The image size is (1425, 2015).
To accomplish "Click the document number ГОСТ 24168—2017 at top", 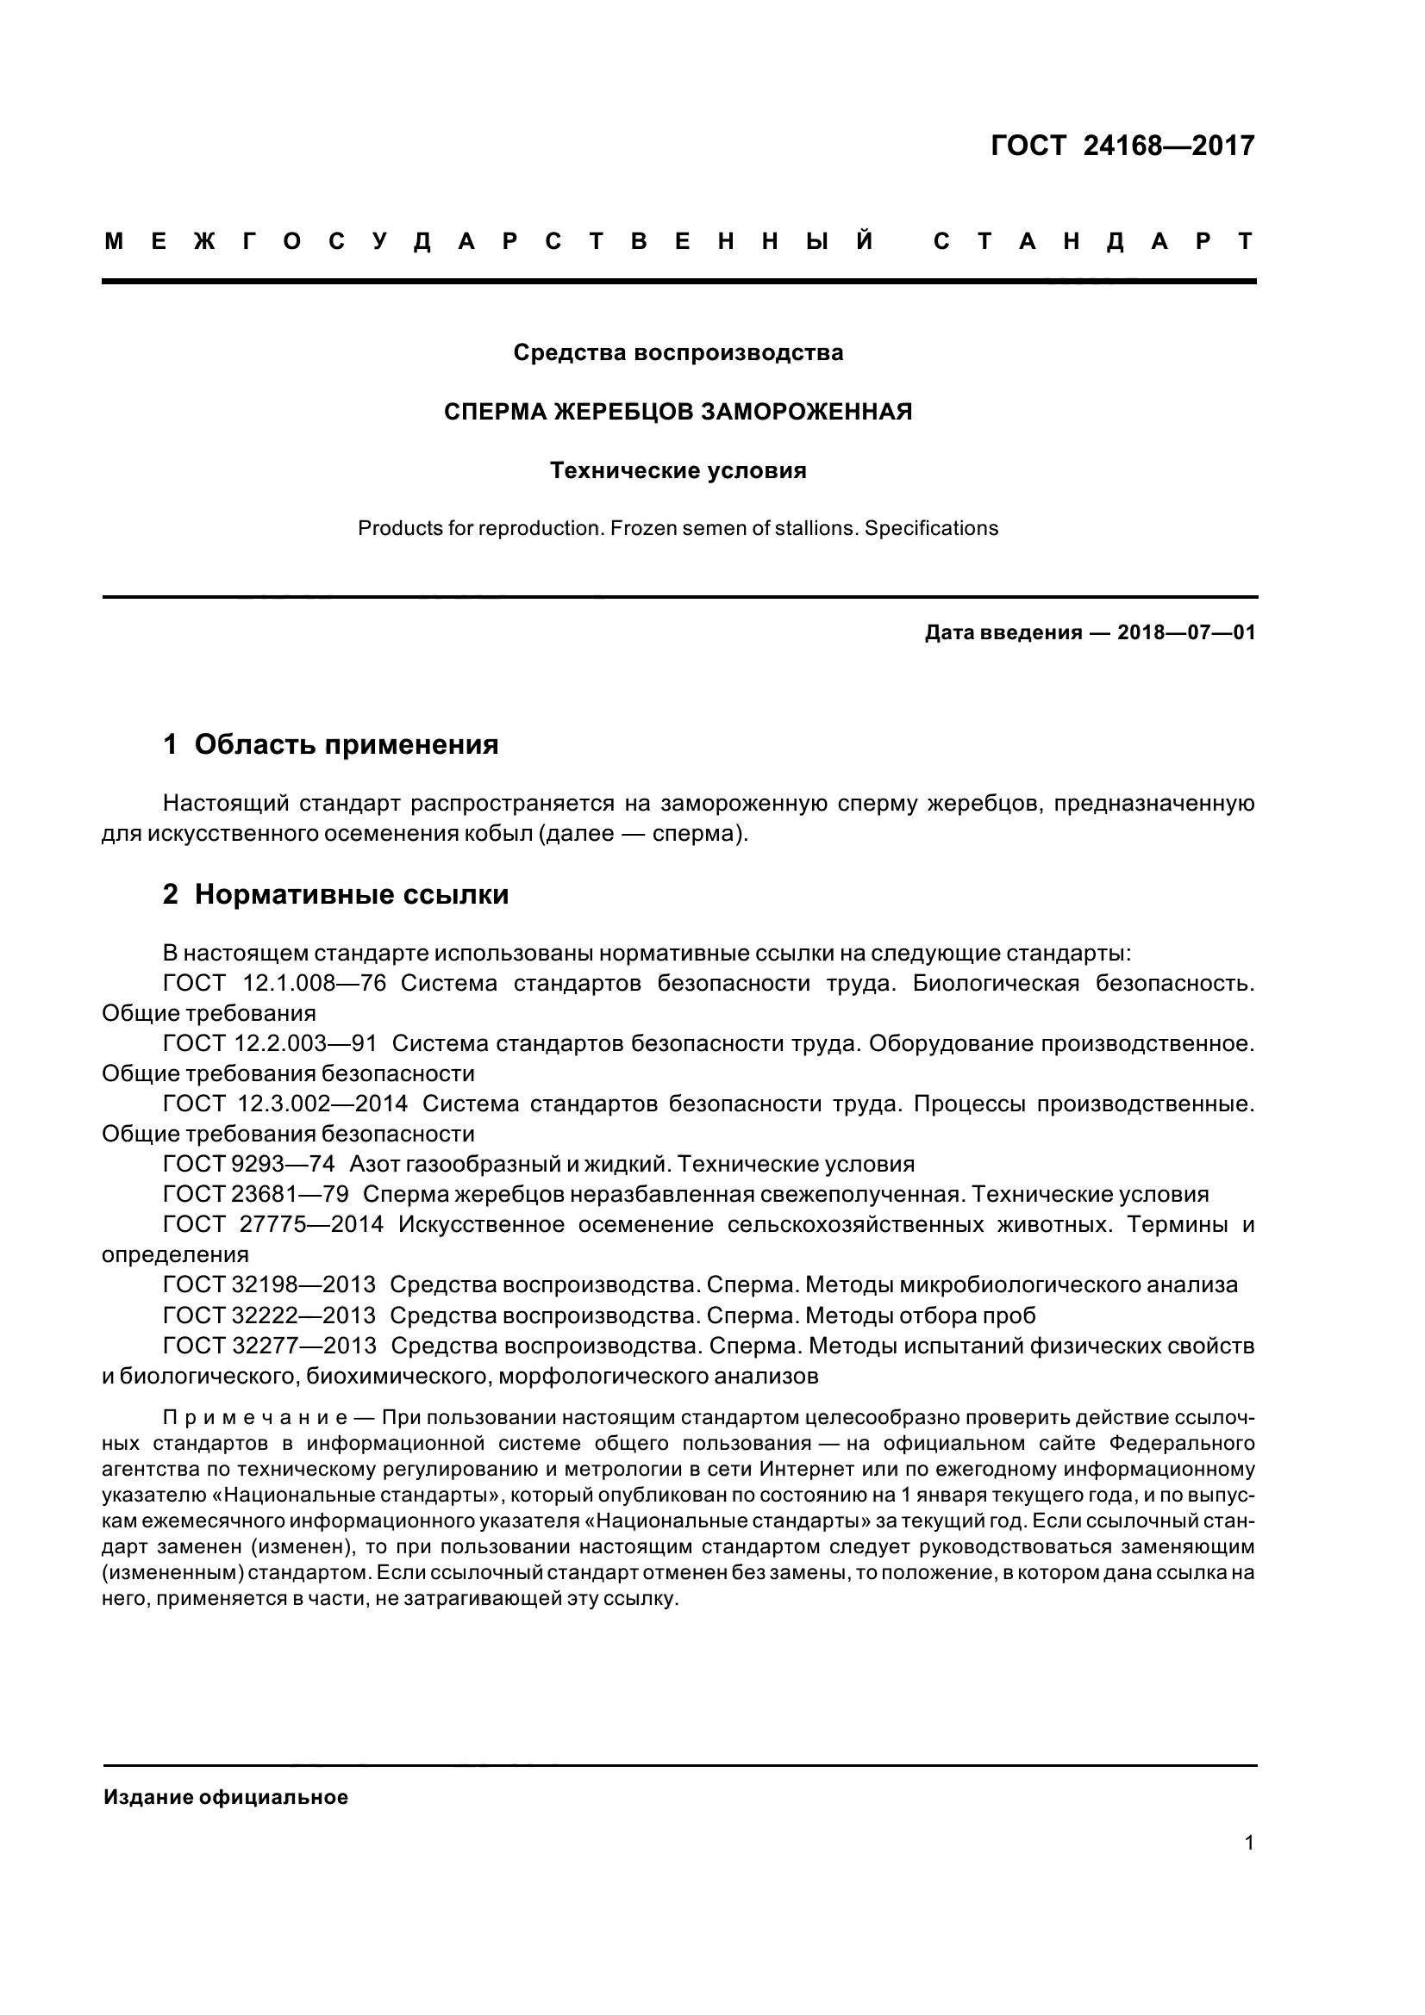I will pyautogui.click(x=1122, y=145).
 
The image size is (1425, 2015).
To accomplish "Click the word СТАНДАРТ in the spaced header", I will pyautogui.click(x=1093, y=242).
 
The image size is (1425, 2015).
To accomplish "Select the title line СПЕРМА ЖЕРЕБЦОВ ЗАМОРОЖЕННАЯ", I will pyautogui.click(x=678, y=412).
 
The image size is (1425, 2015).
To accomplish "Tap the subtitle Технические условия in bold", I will pyautogui.click(x=678, y=471).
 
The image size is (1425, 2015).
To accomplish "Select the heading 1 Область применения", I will pyautogui.click(x=331, y=745).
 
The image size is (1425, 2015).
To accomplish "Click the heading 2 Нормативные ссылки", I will pyautogui.click(x=335, y=894).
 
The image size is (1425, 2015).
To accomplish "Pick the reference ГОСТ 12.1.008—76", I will pyautogui.click(x=274, y=983).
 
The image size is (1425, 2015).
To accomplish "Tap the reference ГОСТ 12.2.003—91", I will pyautogui.click(x=270, y=1043).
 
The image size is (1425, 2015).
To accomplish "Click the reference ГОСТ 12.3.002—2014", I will pyautogui.click(x=285, y=1104).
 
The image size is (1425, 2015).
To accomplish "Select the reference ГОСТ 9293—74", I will pyautogui.click(x=248, y=1165).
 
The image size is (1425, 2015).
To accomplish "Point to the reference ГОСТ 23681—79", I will pyautogui.click(x=255, y=1194).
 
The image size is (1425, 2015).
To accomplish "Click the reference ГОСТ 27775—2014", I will pyautogui.click(x=273, y=1224).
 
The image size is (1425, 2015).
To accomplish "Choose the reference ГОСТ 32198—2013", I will pyautogui.click(x=269, y=1284).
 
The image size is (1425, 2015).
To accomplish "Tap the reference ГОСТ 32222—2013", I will pyautogui.click(x=269, y=1315).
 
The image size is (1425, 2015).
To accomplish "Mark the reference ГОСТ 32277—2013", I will pyautogui.click(x=269, y=1346).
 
